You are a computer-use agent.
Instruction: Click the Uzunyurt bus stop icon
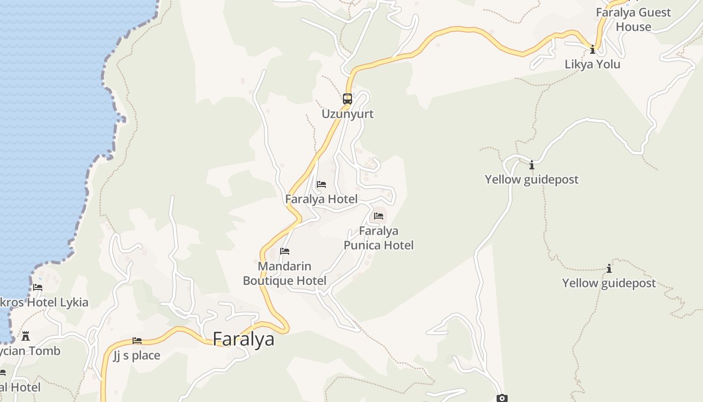[347, 99]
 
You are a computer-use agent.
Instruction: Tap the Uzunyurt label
[347, 114]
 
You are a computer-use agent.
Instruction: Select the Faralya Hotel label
[321, 199]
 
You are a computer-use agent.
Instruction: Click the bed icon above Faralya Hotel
[321, 184]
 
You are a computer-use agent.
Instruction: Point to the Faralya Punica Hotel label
[379, 238]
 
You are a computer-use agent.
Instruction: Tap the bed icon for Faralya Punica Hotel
[379, 216]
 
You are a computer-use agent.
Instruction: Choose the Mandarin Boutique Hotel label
[285, 273]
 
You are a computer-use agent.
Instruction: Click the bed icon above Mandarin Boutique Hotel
[285, 251]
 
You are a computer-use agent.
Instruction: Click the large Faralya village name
[244, 339]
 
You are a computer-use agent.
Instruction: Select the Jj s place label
[137, 356]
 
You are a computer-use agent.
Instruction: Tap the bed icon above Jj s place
[137, 341]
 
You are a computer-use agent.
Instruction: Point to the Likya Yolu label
[593, 64]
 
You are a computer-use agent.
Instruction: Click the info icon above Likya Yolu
[593, 49]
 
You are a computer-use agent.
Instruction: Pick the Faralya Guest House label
[633, 20]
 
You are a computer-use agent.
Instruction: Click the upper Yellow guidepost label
[532, 179]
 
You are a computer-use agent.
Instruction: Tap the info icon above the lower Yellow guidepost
[609, 269]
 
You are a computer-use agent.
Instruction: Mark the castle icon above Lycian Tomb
[26, 336]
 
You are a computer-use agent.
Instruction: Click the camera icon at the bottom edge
[502, 398]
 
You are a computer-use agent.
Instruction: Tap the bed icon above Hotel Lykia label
[38, 287]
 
